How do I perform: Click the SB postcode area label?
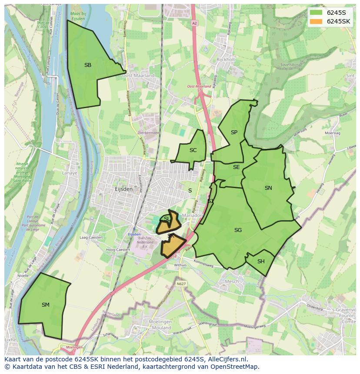click(88, 65)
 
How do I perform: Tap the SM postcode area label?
click(46, 305)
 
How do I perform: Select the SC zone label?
click(193, 150)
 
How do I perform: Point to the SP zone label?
click(234, 132)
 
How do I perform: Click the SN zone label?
click(268, 188)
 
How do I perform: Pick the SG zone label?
click(238, 230)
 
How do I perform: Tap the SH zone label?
click(261, 261)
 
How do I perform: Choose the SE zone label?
click(236, 167)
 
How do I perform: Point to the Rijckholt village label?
click(225, 59)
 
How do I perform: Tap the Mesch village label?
click(231, 281)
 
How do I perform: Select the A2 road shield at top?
click(194, 23)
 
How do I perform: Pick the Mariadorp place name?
click(193, 215)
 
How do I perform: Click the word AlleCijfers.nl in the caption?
click(225, 360)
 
